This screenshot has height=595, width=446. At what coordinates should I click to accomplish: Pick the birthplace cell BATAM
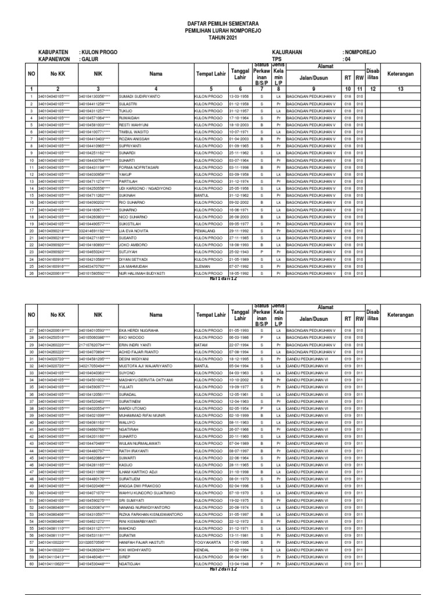coord(201,345)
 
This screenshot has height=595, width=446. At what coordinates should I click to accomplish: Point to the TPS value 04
coord(347,59)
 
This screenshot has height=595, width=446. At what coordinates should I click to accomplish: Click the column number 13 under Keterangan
coord(400,88)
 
